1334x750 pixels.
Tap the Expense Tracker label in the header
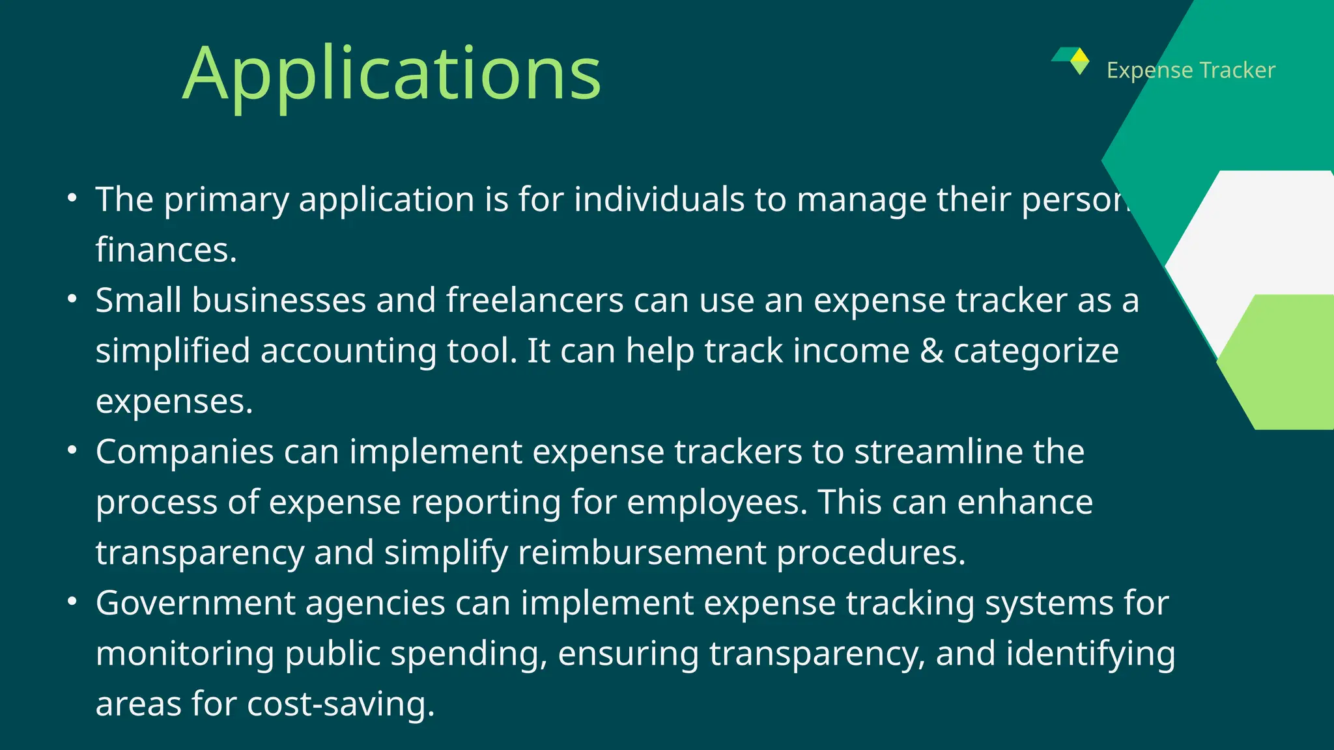click(x=1191, y=70)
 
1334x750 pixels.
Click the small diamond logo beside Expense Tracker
click(x=1076, y=60)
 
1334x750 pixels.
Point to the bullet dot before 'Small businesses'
click(x=72, y=299)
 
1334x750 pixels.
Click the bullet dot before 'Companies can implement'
click(x=72, y=450)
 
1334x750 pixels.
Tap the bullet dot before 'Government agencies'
click(x=72, y=601)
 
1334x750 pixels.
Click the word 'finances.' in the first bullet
click(x=166, y=250)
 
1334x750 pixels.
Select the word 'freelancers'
click(x=535, y=301)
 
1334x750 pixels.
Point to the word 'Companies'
click(x=184, y=452)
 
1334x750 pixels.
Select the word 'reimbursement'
click(x=642, y=553)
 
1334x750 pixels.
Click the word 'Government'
click(x=195, y=604)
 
